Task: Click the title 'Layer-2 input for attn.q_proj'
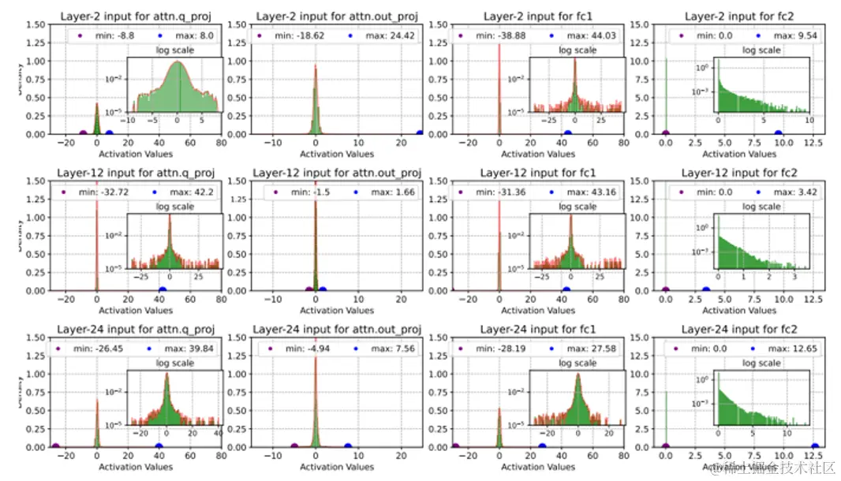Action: [x=141, y=15]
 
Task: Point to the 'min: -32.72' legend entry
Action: [x=92, y=192]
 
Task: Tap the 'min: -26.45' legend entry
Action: [x=88, y=349]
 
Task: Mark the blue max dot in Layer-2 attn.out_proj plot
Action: [x=419, y=133]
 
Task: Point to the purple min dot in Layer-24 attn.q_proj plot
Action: [x=55, y=446]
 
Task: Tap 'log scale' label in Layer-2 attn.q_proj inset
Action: [x=177, y=50]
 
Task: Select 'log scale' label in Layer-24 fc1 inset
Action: [x=577, y=364]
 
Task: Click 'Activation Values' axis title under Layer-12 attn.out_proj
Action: [x=335, y=311]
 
